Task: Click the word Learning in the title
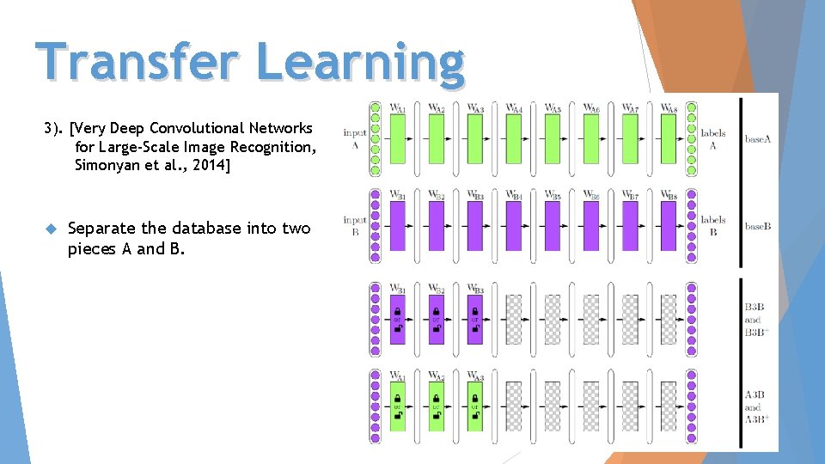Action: pyautogui.click(x=360, y=62)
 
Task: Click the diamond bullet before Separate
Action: pyautogui.click(x=50, y=229)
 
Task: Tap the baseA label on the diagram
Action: pyautogui.click(x=758, y=138)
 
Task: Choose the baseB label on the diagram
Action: pyautogui.click(x=758, y=226)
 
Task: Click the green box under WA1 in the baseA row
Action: pyautogui.click(x=397, y=138)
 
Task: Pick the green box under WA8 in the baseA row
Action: pyautogui.click(x=669, y=138)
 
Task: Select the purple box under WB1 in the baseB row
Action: pyautogui.click(x=397, y=225)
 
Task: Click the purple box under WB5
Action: pyautogui.click(x=553, y=225)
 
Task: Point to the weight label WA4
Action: pyautogui.click(x=514, y=108)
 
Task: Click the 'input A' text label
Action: pyautogui.click(x=355, y=138)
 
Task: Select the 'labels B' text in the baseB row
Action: pyautogui.click(x=713, y=225)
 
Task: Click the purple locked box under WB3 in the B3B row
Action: pyautogui.click(x=474, y=319)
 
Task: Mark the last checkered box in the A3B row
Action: pyautogui.click(x=669, y=406)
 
